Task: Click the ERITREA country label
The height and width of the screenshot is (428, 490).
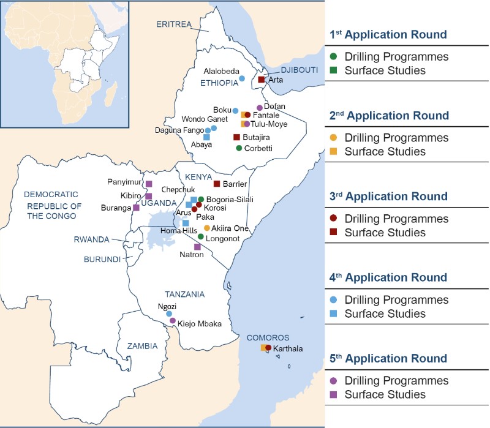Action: pos(174,24)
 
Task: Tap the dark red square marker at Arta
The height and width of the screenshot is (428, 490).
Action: pos(261,80)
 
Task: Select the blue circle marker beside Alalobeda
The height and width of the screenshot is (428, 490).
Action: pos(241,78)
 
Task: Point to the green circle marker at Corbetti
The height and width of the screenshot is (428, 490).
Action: pos(239,148)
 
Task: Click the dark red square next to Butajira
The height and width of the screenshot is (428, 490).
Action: pos(236,137)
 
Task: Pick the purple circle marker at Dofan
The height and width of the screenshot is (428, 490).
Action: pos(259,108)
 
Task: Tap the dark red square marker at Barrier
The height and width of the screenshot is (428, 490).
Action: pos(216,184)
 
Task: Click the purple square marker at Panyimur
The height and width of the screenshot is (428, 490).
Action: pos(148,184)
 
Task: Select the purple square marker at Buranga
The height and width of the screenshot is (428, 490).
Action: pos(136,208)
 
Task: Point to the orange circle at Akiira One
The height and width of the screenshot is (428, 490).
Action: pos(206,228)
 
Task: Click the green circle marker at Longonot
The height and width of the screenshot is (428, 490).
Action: pos(200,236)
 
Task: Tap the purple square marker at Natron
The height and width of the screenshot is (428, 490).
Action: pos(197,247)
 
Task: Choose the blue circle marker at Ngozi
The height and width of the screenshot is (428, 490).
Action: pos(169,313)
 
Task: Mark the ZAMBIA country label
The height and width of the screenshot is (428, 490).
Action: pos(142,346)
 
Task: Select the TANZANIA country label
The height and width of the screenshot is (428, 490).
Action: pos(184,294)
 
